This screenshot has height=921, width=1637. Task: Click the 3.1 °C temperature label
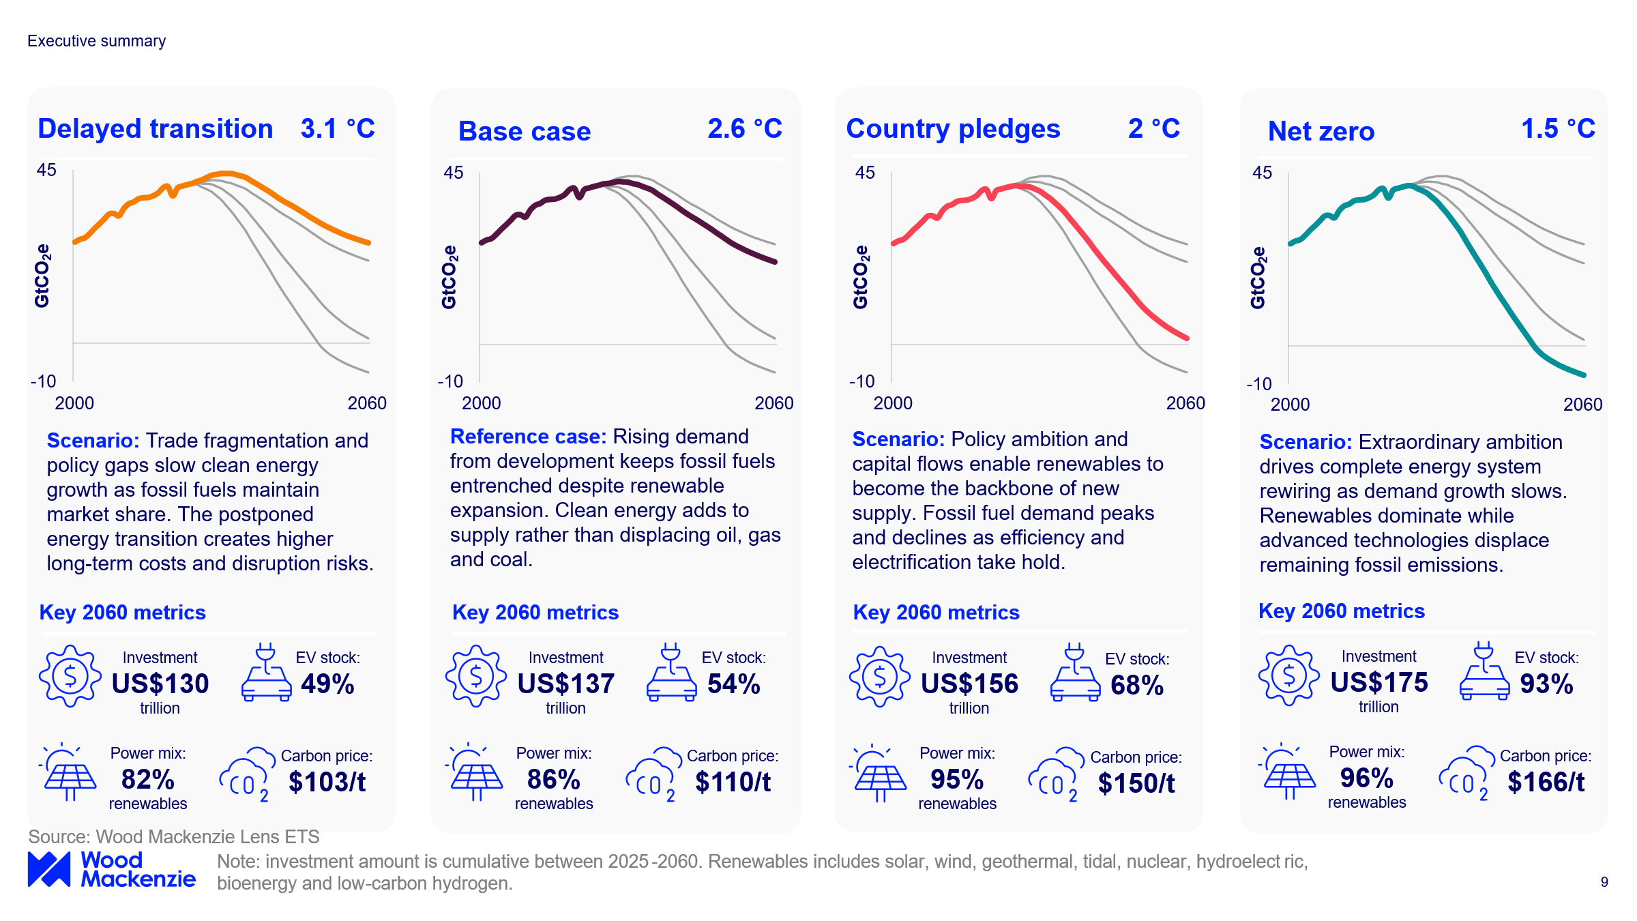click(x=338, y=128)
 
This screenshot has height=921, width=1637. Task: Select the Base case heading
click(x=524, y=131)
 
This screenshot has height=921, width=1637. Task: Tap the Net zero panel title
click(x=1321, y=131)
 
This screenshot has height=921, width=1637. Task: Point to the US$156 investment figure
click(x=969, y=684)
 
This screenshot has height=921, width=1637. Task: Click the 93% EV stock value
click(x=1546, y=684)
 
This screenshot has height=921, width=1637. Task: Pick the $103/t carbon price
click(x=327, y=782)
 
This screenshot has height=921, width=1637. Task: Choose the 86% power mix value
click(x=553, y=779)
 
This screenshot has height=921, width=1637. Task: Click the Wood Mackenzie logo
click(x=111, y=869)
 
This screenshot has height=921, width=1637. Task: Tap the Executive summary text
click(x=96, y=41)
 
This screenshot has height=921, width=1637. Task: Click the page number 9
click(x=1604, y=882)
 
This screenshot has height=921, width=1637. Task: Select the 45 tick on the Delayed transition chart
click(x=46, y=170)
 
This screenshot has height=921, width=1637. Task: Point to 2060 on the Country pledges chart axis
click(x=1185, y=403)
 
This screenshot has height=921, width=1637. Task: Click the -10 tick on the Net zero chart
click(x=1259, y=384)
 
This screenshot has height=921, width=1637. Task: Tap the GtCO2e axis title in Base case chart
click(x=449, y=277)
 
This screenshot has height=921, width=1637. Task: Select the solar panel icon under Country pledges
click(x=879, y=774)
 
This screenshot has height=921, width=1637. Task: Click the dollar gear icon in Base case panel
click(x=476, y=675)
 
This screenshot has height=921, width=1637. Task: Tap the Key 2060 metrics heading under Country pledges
click(x=936, y=613)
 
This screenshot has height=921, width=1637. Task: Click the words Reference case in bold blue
click(x=528, y=437)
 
